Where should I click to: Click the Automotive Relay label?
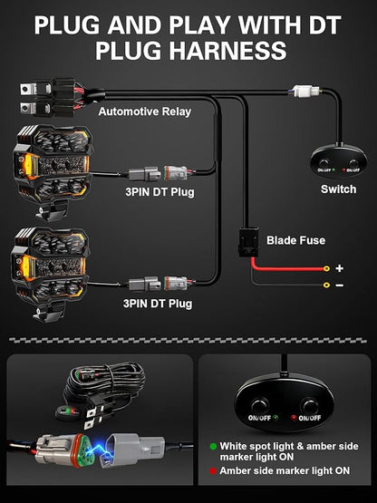[x=145, y=111]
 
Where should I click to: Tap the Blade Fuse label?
[x=295, y=240]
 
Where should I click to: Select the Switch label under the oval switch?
[x=339, y=189]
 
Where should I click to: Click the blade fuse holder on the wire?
[x=248, y=242]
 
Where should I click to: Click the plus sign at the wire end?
[x=339, y=268]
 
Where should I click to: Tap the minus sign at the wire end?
[x=340, y=285]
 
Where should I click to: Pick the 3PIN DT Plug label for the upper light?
[x=159, y=192]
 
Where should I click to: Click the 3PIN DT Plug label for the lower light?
[x=158, y=304]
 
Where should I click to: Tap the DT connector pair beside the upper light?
[x=158, y=173]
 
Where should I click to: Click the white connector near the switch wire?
[x=306, y=91]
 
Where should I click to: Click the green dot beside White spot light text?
[x=213, y=446]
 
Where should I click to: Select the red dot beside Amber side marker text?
[x=213, y=471]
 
